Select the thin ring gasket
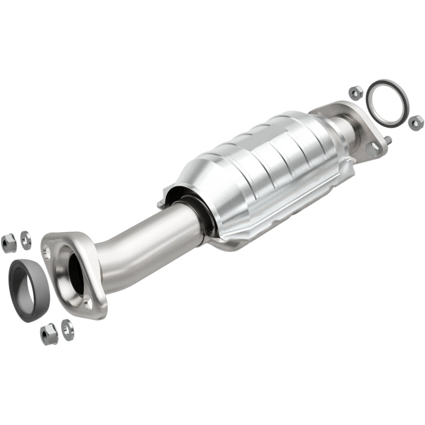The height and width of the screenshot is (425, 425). click(x=388, y=104)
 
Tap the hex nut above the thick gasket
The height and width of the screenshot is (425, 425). click(x=8, y=243)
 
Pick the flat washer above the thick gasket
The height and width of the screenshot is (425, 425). click(x=25, y=240)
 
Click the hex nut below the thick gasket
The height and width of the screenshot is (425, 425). click(x=49, y=334)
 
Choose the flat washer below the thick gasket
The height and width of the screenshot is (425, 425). click(x=67, y=329)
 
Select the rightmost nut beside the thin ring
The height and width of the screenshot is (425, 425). click(x=415, y=123)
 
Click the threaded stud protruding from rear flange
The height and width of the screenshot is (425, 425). click(x=388, y=140)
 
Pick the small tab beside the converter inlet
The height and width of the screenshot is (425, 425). click(x=160, y=204)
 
